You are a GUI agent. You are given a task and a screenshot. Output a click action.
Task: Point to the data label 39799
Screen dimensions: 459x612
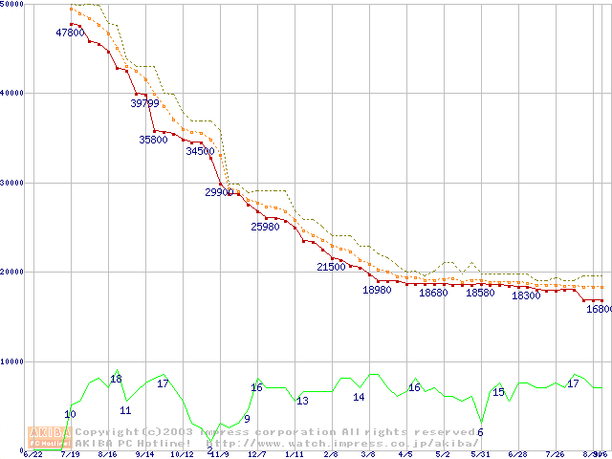(x=146, y=102)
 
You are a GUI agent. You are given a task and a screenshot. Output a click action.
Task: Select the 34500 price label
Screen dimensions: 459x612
(x=201, y=151)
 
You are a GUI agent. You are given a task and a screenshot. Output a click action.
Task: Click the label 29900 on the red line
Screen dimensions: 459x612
(x=220, y=192)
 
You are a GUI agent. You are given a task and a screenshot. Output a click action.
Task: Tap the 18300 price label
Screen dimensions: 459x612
(x=527, y=295)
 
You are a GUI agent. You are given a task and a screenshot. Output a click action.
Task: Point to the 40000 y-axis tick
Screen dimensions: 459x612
(x=13, y=93)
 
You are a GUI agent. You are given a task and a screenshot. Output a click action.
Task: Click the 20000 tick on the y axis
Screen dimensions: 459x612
(x=13, y=272)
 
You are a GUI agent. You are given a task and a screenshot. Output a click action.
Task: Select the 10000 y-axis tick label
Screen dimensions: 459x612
(x=13, y=361)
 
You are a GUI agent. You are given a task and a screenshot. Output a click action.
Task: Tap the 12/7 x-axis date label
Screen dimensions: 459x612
(x=256, y=454)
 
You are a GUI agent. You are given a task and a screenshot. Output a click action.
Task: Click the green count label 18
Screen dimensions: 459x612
(x=117, y=380)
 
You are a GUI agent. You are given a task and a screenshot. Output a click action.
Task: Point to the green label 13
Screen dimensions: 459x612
(x=302, y=402)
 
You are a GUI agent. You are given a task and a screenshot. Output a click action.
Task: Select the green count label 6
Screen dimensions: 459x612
(x=480, y=432)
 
